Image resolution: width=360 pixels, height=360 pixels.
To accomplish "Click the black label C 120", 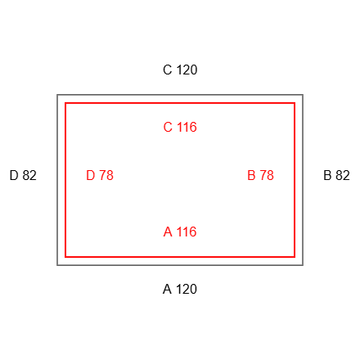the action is coord(180,70).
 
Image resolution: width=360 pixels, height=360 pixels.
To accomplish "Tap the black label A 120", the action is coord(180,289).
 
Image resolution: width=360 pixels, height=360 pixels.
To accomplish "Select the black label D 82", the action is coord(23,175).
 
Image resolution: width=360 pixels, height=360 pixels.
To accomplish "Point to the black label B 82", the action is coord(336,175).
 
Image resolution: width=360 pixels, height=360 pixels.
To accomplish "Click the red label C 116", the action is coord(180,127).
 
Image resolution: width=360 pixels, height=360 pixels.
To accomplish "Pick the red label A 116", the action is coord(180,232).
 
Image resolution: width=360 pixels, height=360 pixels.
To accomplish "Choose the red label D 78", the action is coord(100,175).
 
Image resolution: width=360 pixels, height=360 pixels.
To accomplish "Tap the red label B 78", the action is coord(260,175).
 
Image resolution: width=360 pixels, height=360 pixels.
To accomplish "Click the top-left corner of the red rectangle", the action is coord(65,103).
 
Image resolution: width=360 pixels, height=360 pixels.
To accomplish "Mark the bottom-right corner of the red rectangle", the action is coord(295,257).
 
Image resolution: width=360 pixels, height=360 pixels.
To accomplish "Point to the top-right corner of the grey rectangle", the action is coord(303,95).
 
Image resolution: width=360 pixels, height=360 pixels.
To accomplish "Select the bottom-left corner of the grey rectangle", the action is coord(57,265).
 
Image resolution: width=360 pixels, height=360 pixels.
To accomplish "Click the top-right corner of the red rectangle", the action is coord(295,103).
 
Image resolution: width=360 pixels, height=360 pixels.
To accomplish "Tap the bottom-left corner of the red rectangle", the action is coord(65,257).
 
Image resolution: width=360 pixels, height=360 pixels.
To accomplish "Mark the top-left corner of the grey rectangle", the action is coord(57,95).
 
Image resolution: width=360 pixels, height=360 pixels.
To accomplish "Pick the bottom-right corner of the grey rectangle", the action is coord(303,265).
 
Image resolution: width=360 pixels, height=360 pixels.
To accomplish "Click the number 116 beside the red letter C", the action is coord(187,127).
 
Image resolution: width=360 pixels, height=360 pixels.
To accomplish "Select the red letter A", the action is coord(168,232).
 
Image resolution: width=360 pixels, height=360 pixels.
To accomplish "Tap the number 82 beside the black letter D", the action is coord(29,175).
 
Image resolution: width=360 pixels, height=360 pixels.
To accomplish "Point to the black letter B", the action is coord(327,175).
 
